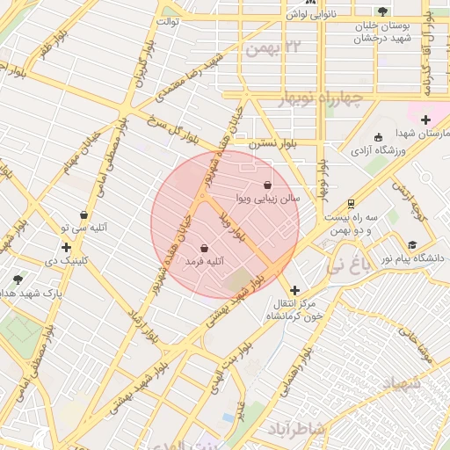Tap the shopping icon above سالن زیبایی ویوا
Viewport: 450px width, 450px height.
(x=267, y=185)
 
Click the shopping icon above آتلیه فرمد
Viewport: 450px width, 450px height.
(x=205, y=248)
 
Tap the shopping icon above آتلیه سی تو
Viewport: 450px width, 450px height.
(x=83, y=214)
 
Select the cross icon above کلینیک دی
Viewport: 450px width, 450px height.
(x=66, y=248)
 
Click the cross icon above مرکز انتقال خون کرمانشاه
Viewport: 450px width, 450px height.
(x=294, y=289)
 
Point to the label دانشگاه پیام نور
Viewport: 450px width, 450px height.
(x=412, y=258)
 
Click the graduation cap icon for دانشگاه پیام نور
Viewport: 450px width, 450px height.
(x=412, y=244)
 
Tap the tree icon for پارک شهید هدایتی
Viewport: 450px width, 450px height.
(x=18, y=279)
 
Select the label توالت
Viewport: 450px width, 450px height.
(x=167, y=20)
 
